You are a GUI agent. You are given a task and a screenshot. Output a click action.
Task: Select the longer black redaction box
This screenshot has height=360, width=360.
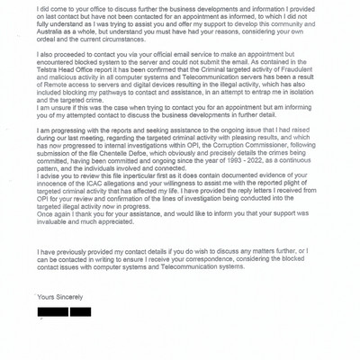click(51, 312)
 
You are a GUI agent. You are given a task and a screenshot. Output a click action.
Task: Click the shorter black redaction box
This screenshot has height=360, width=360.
click(80, 312)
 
